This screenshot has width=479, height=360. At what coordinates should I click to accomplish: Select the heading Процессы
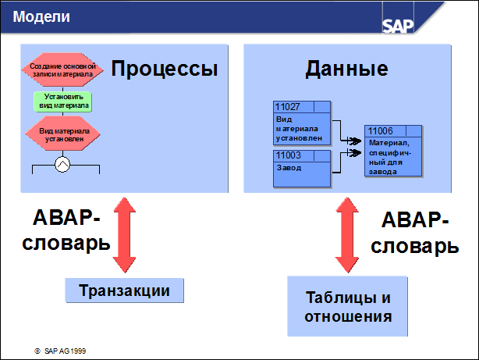pyautogui.click(x=164, y=69)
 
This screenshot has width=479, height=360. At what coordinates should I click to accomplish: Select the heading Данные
pyautogui.click(x=346, y=69)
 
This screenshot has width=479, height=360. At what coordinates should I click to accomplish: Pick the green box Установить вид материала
pyautogui.click(x=62, y=102)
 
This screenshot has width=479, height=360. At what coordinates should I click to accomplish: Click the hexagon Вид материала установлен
pyautogui.click(x=62, y=134)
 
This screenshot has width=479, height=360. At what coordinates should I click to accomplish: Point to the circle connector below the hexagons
pyautogui.click(x=62, y=164)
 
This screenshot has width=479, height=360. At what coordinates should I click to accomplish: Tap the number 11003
pyautogui.click(x=286, y=156)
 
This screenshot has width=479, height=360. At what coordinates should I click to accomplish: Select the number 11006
pyautogui.click(x=380, y=131)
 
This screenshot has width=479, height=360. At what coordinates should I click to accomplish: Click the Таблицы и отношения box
pyautogui.click(x=347, y=308)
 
